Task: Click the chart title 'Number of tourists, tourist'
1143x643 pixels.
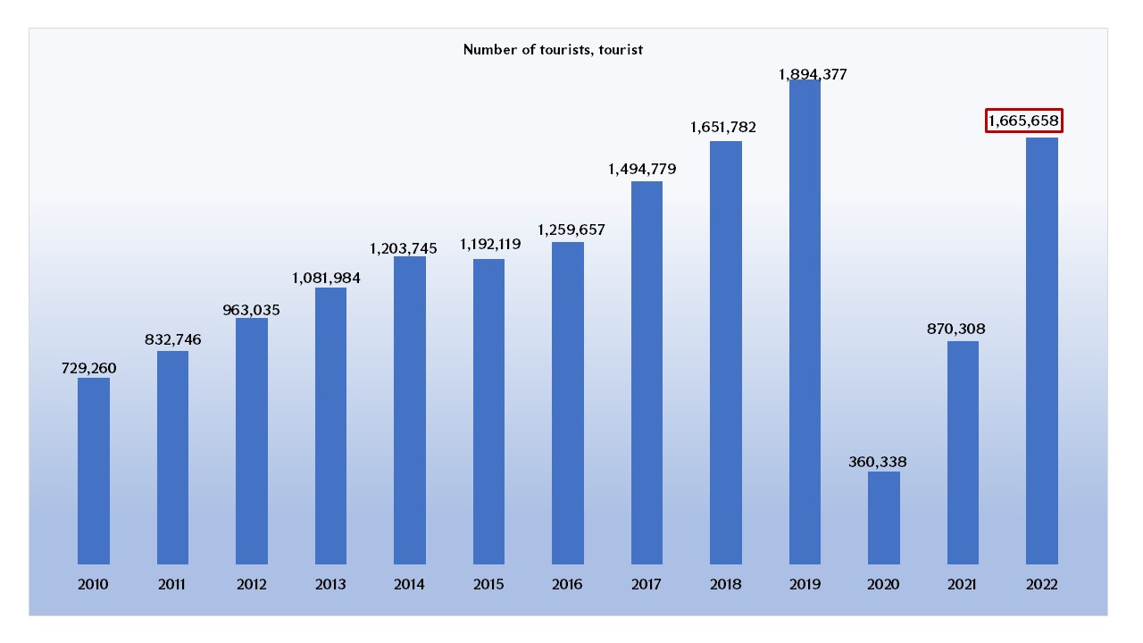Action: point(553,50)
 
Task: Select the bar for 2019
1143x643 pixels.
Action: point(805,321)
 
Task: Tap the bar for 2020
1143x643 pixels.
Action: point(884,518)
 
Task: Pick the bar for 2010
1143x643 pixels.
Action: point(94,471)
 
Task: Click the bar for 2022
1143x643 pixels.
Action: point(1042,350)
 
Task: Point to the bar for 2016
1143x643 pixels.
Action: point(568,403)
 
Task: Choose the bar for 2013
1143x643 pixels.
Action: point(330,425)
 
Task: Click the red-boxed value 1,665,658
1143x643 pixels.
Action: point(1024,121)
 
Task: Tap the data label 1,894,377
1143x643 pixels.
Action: point(813,75)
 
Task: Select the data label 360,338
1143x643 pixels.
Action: point(884,462)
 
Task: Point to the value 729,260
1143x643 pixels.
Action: point(89,368)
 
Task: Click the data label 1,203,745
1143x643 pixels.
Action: point(404,248)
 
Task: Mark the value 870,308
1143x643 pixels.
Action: point(955,330)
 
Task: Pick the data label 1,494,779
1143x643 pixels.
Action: point(642,169)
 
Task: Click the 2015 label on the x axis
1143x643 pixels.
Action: point(488,585)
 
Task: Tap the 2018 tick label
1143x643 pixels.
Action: point(725,585)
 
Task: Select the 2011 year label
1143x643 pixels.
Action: point(172,585)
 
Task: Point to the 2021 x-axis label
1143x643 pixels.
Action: point(963,585)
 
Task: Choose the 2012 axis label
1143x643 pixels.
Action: point(251,585)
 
